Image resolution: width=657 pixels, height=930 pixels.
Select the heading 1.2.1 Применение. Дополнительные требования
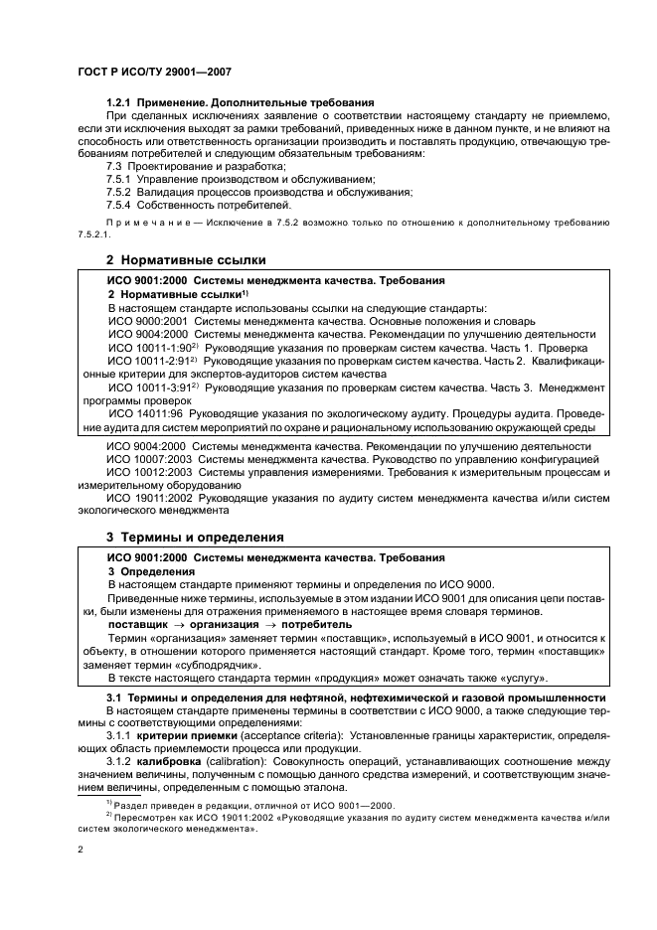point(240,102)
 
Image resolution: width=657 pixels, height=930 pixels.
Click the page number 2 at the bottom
point(81,851)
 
